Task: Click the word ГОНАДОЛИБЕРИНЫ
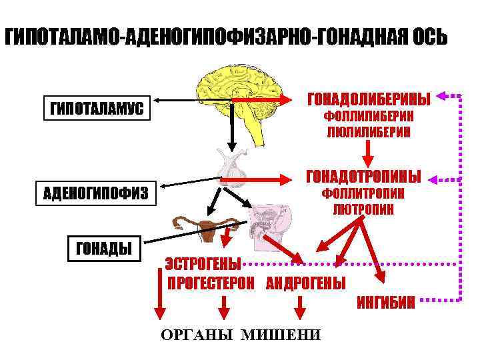[368, 98]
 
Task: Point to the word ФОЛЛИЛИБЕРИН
[368, 117]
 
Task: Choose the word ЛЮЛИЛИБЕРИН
[368, 132]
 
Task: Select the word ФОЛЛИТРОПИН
[363, 194]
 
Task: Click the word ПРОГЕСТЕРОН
[210, 283]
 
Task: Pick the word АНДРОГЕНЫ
[305, 283]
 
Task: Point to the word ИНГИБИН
[386, 304]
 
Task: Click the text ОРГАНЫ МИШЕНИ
[240, 334]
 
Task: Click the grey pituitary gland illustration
[233, 167]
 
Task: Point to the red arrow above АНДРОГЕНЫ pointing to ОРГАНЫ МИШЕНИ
[299, 306]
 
